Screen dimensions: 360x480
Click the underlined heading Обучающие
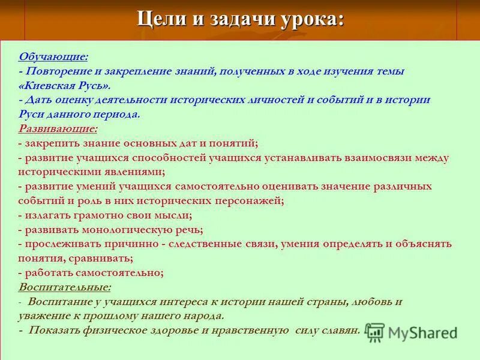(x=53, y=57)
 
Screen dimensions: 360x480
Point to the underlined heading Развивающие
(x=58, y=129)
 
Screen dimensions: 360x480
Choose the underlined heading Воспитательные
(x=64, y=287)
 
